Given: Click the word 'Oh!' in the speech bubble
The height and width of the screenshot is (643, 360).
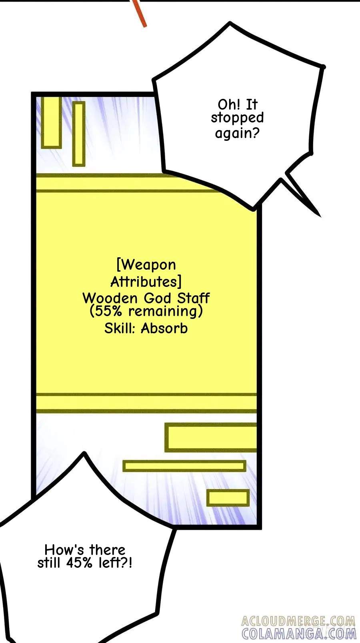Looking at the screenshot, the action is point(229,104).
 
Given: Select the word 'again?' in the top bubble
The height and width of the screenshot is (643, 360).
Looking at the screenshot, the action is point(237,133).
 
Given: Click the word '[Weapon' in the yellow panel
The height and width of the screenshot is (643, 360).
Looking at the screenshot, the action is point(146,265).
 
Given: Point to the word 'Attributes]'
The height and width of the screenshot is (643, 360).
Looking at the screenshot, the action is point(146,282).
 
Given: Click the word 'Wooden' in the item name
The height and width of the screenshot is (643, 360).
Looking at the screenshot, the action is point(110,298).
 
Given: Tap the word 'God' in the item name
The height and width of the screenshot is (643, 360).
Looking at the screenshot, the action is point(157,298).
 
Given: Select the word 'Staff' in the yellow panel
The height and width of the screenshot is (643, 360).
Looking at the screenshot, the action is point(193,298).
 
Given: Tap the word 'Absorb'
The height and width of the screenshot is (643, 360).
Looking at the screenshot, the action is point(164,329).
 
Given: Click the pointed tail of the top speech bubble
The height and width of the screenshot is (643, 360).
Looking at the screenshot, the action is point(320,216).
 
